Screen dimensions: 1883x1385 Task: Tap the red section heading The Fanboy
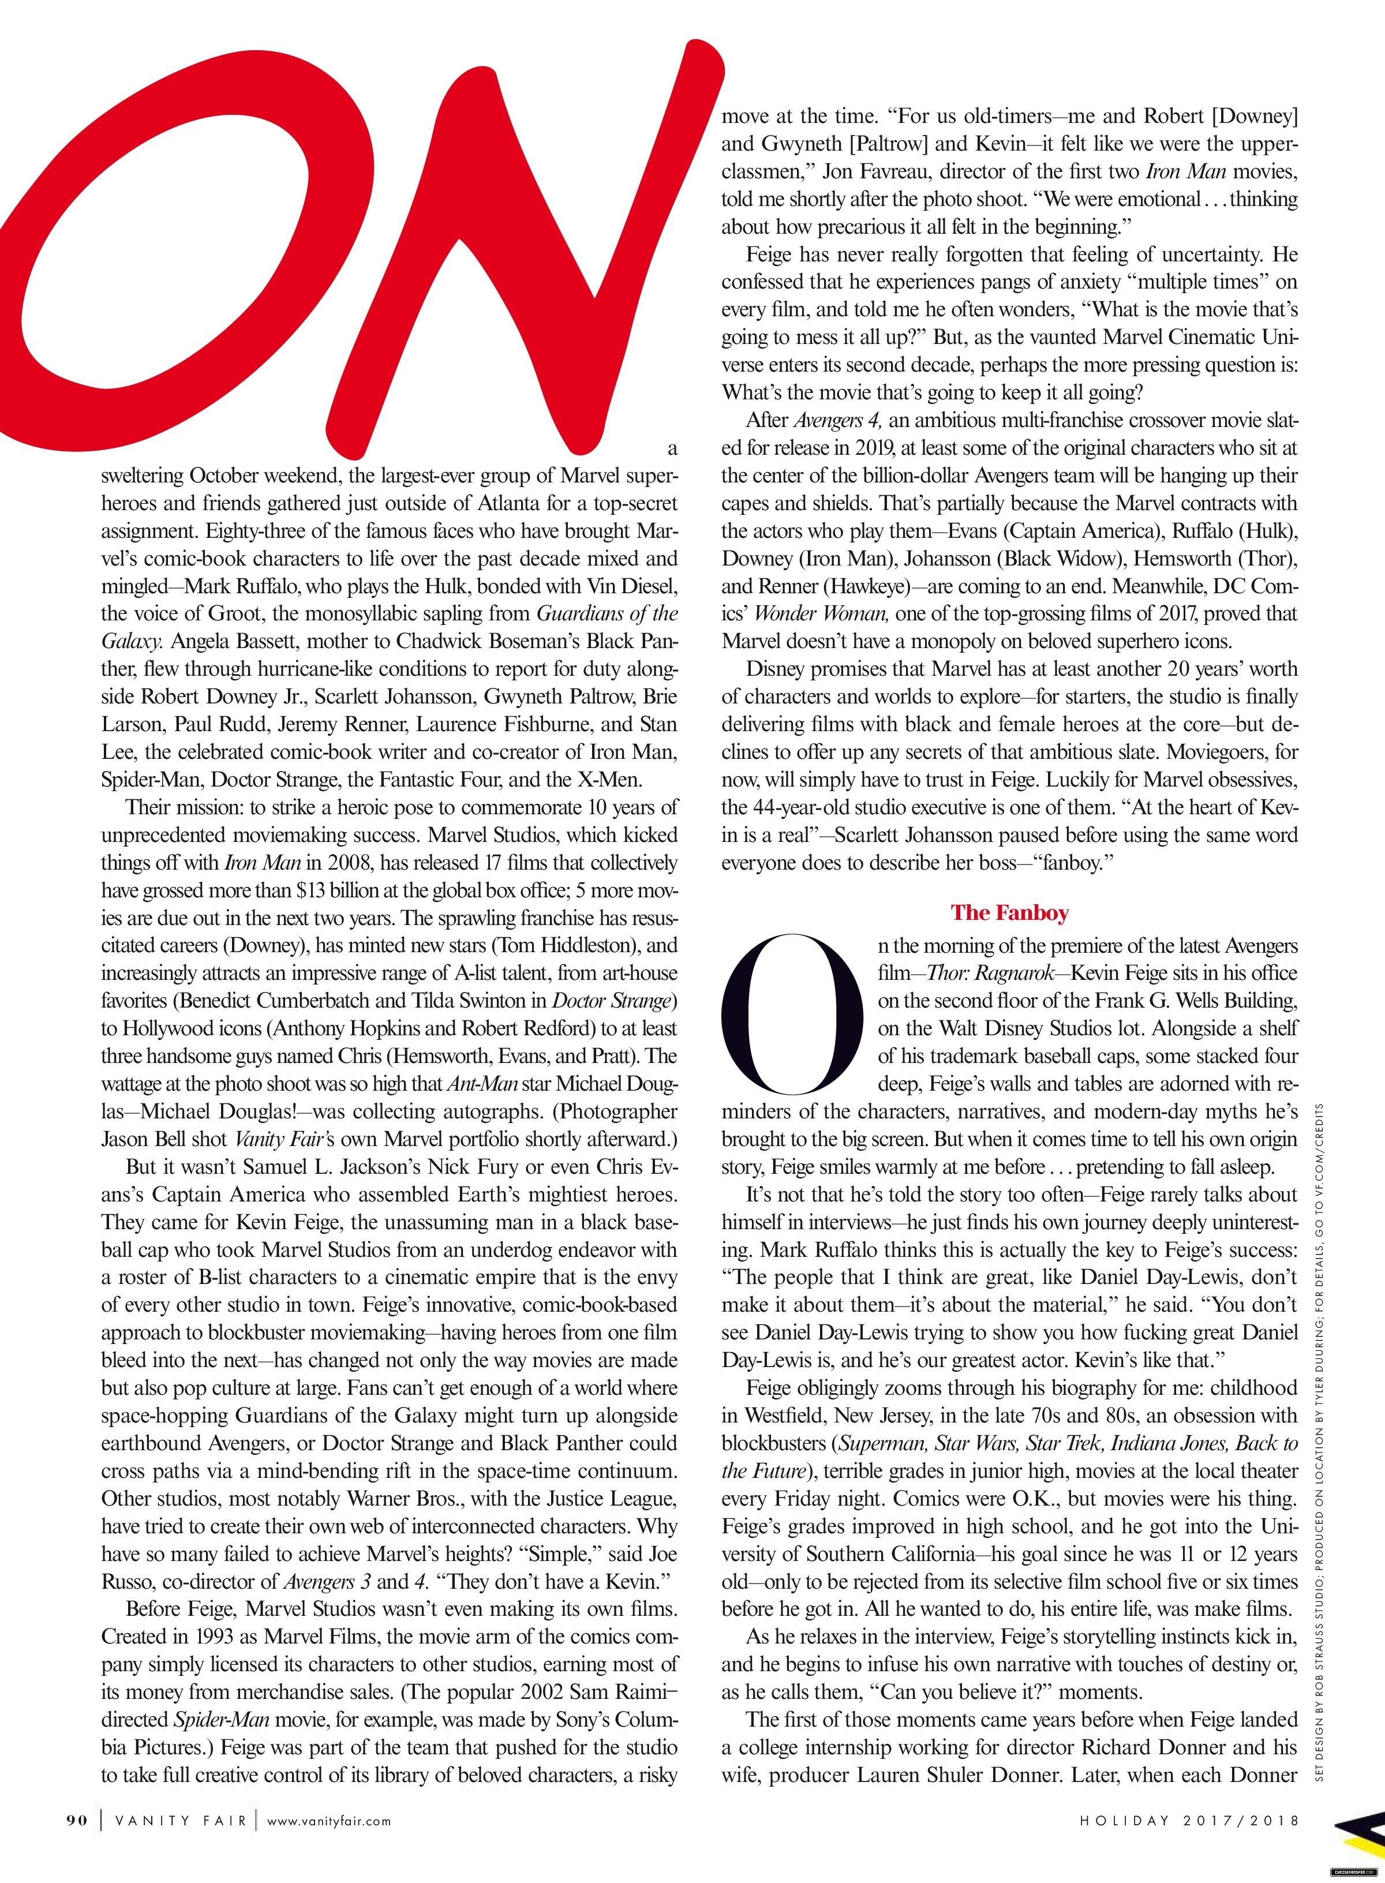coord(1009,912)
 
